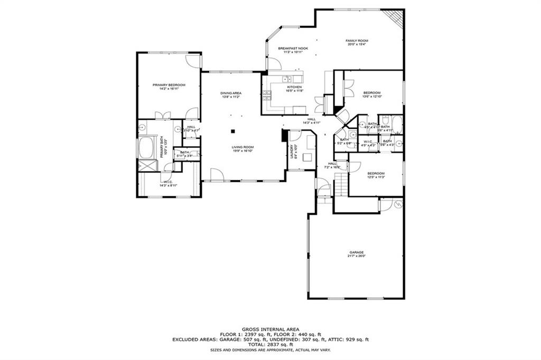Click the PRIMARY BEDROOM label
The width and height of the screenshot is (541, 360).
(169, 85)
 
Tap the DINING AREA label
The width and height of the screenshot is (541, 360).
(231, 93)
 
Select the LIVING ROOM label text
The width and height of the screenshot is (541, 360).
(242, 147)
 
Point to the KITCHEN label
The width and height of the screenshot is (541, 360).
(294, 87)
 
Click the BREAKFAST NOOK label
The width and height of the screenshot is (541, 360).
(293, 48)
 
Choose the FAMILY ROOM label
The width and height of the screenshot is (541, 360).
(357, 41)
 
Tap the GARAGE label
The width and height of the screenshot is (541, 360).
(357, 252)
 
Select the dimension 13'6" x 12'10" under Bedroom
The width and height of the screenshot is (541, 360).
(371, 97)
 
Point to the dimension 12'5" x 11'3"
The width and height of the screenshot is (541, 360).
(376, 177)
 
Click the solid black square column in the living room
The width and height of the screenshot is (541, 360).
(232, 130)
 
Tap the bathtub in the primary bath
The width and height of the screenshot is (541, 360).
(145, 147)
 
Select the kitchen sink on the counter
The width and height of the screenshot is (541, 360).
(277, 79)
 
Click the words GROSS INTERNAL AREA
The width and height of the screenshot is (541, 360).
(270, 328)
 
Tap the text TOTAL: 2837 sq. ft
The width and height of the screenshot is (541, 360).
(270, 345)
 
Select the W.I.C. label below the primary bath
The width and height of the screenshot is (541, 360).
(167, 182)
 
